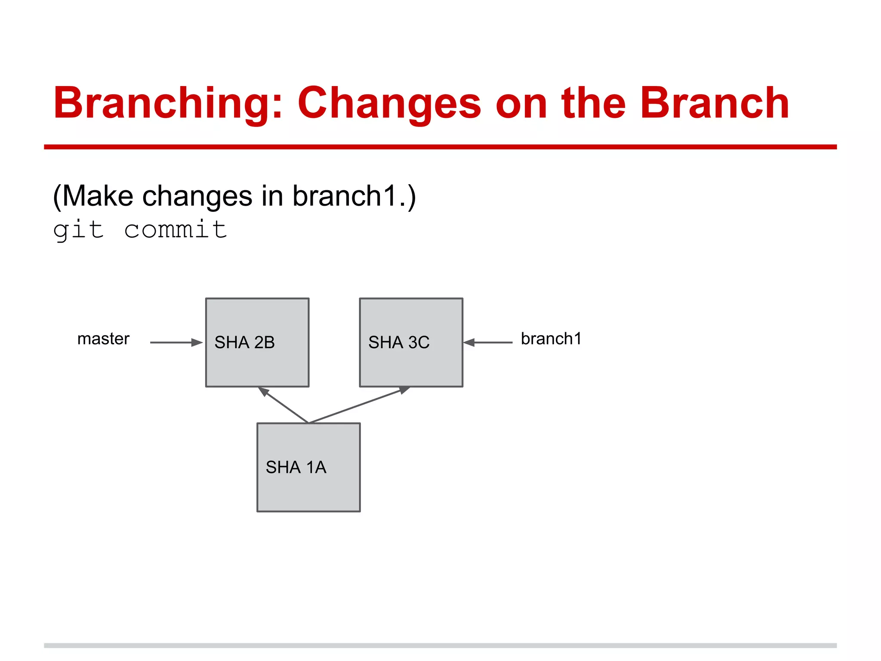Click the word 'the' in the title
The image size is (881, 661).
coord(594,103)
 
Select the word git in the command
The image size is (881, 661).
coord(78,229)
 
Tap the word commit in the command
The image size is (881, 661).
coord(176,229)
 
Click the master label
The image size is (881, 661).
coord(103,339)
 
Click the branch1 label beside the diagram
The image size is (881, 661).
coord(551,339)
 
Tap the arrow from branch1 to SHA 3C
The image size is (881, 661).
coord(489,343)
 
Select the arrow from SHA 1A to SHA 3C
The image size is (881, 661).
coord(359,405)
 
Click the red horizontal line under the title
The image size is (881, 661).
coord(440,147)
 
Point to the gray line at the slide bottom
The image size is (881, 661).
coord(440,646)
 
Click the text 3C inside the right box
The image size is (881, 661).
coord(419,343)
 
